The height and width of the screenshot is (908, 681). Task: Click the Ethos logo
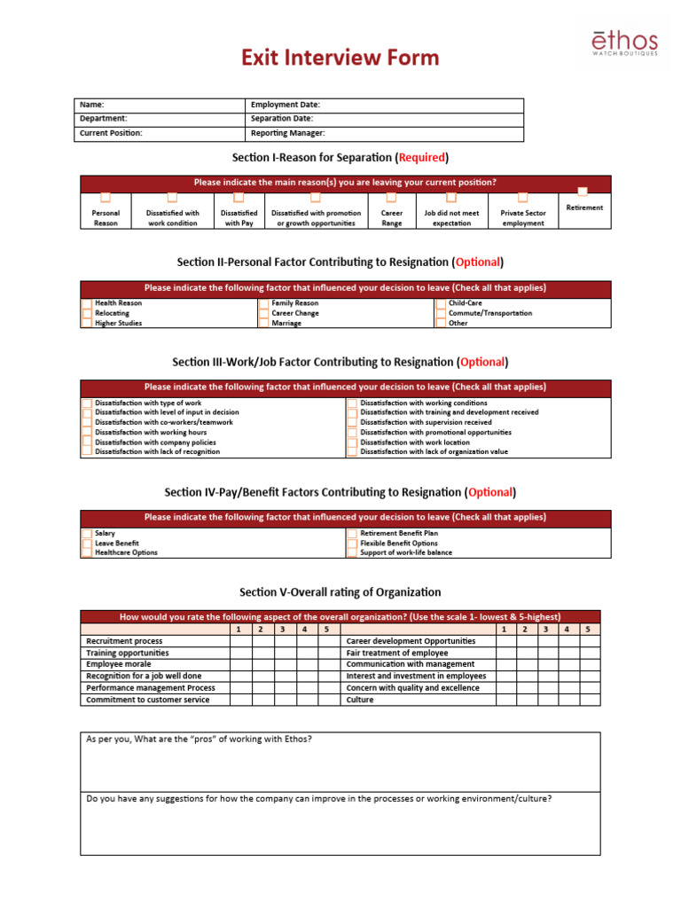click(x=625, y=43)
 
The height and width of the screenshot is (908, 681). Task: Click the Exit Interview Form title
click(x=340, y=59)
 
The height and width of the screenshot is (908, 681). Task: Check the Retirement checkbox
click(x=583, y=191)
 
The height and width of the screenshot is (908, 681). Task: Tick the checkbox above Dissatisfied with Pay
click(x=239, y=198)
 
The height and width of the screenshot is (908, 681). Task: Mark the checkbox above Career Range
click(x=391, y=198)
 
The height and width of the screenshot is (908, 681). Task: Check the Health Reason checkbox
click(x=86, y=303)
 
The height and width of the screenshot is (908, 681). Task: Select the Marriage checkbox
click(x=263, y=324)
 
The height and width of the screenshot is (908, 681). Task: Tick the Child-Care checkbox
click(x=441, y=303)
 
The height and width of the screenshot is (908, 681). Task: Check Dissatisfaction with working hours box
click(x=86, y=432)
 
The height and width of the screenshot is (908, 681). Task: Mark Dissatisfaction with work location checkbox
click(x=352, y=442)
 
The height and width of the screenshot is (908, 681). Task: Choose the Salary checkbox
click(x=86, y=534)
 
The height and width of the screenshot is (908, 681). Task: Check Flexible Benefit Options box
click(x=352, y=543)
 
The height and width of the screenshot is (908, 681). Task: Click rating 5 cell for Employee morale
click(x=326, y=664)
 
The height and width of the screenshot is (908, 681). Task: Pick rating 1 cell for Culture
click(x=505, y=700)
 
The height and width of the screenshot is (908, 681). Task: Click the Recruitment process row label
click(x=124, y=640)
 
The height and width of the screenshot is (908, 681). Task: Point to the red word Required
click(x=422, y=158)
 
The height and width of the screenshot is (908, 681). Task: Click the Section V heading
click(x=340, y=592)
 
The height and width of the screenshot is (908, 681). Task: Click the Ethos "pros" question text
click(x=199, y=740)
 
